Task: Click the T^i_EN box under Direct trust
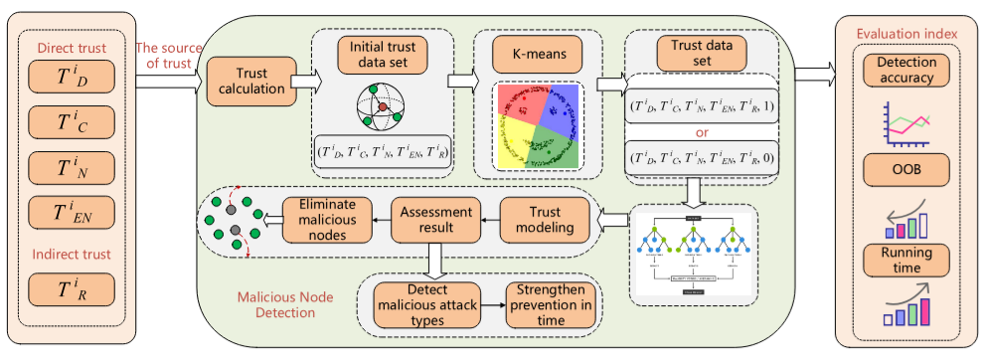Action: (x=72, y=210)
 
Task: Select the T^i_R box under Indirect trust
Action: (x=72, y=289)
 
